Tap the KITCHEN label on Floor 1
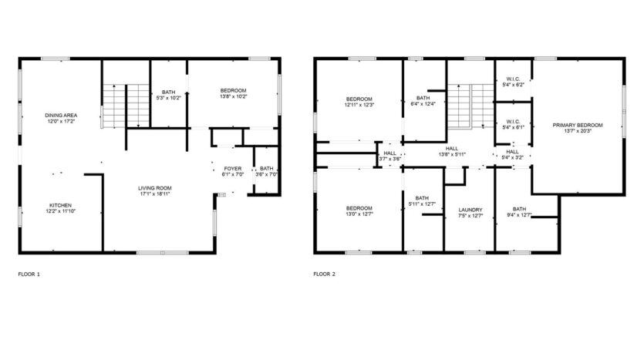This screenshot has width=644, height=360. pos(60,205)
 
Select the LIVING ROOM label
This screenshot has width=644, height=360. pos(154,187)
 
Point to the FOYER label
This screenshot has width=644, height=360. pos(232,169)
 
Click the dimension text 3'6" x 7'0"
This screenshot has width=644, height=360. pos(266,175)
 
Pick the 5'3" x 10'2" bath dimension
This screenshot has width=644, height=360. pos(168,98)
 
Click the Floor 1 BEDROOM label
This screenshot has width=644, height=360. pos(233,91)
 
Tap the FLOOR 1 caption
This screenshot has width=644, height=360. pos(29,273)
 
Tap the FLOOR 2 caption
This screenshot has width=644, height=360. pos(324,273)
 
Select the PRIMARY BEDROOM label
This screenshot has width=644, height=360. pos(578,125)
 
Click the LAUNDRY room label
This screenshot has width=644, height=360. pos(470,210)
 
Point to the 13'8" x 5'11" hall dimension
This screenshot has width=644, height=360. pos(452,155)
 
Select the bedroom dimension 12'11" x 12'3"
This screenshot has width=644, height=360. pos(359,106)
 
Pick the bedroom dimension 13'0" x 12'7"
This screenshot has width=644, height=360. pos(359,214)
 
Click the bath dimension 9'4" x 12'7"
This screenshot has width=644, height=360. pos(519,214)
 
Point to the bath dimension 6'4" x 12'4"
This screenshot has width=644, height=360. pos(423,104)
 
